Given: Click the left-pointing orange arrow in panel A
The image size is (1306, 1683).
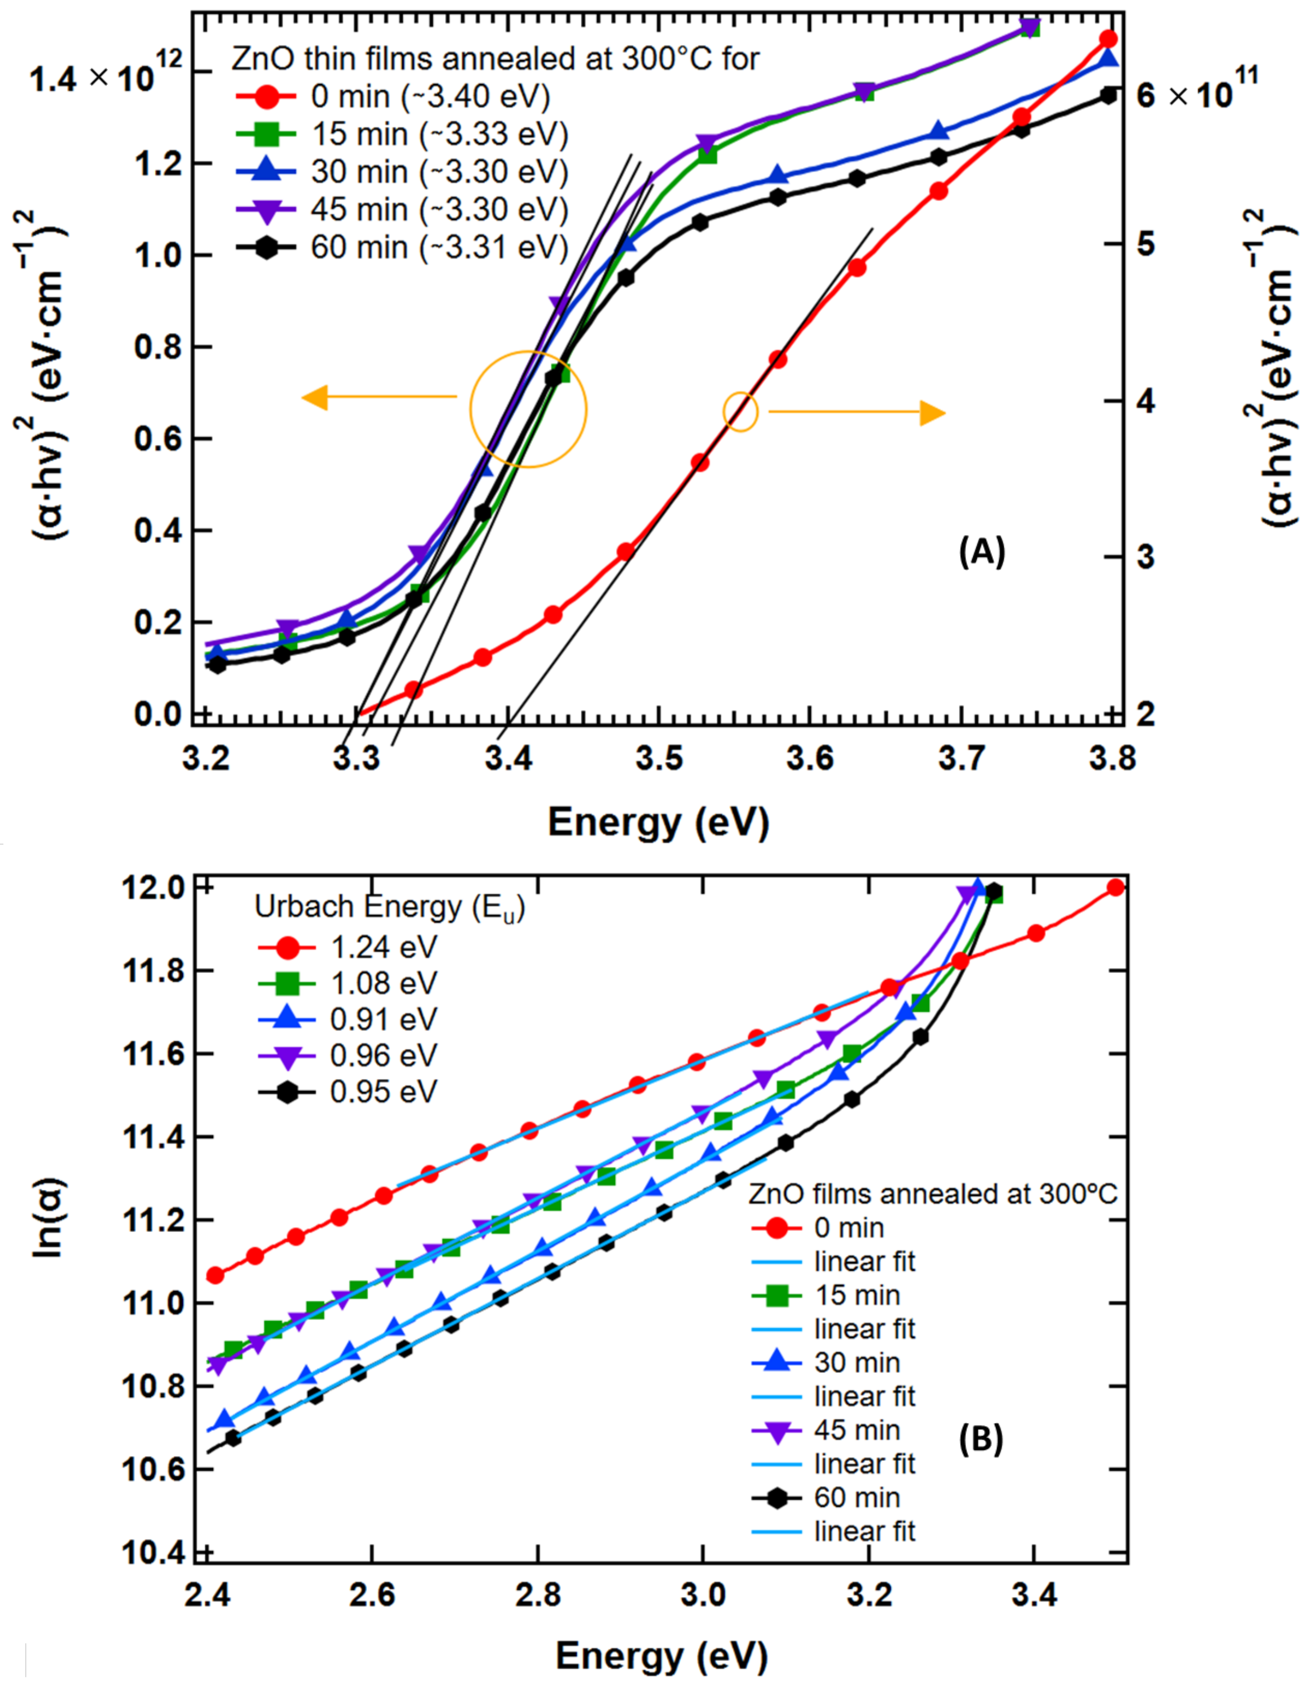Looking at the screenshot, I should coord(378,398).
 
